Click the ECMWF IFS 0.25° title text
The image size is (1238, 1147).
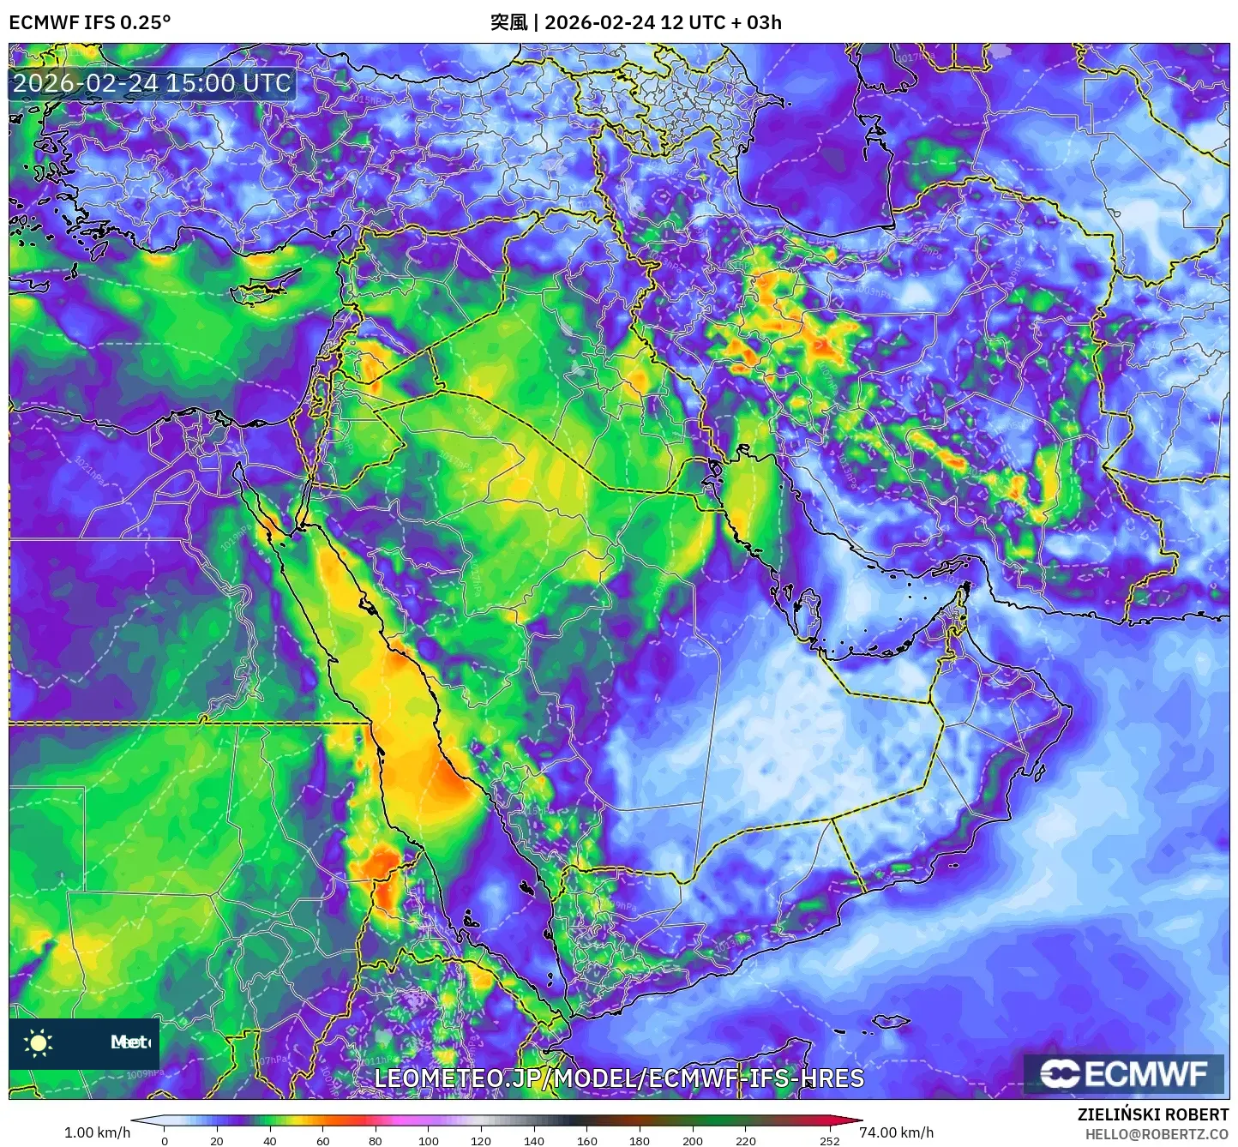[89, 22]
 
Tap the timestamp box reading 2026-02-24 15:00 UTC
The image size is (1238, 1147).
[152, 83]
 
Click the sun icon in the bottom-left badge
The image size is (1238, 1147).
[39, 1042]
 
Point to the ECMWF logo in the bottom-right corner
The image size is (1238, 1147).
[1124, 1074]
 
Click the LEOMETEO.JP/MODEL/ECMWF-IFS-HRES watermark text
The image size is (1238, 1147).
[619, 1078]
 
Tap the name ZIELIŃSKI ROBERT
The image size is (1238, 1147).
[1153, 1114]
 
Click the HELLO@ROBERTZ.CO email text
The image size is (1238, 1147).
[1157, 1134]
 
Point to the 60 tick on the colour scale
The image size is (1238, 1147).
[322, 1141]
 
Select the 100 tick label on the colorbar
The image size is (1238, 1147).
[428, 1141]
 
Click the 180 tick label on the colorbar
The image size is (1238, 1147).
[640, 1141]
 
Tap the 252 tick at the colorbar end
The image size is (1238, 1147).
[829, 1141]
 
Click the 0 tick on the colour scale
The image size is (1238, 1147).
[165, 1141]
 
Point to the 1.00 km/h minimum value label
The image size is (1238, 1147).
[97, 1132]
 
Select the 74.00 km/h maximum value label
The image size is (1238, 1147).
[896, 1132]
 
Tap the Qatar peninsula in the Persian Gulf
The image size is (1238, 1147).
[808, 610]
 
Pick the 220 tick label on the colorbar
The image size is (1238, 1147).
[746, 1141]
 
